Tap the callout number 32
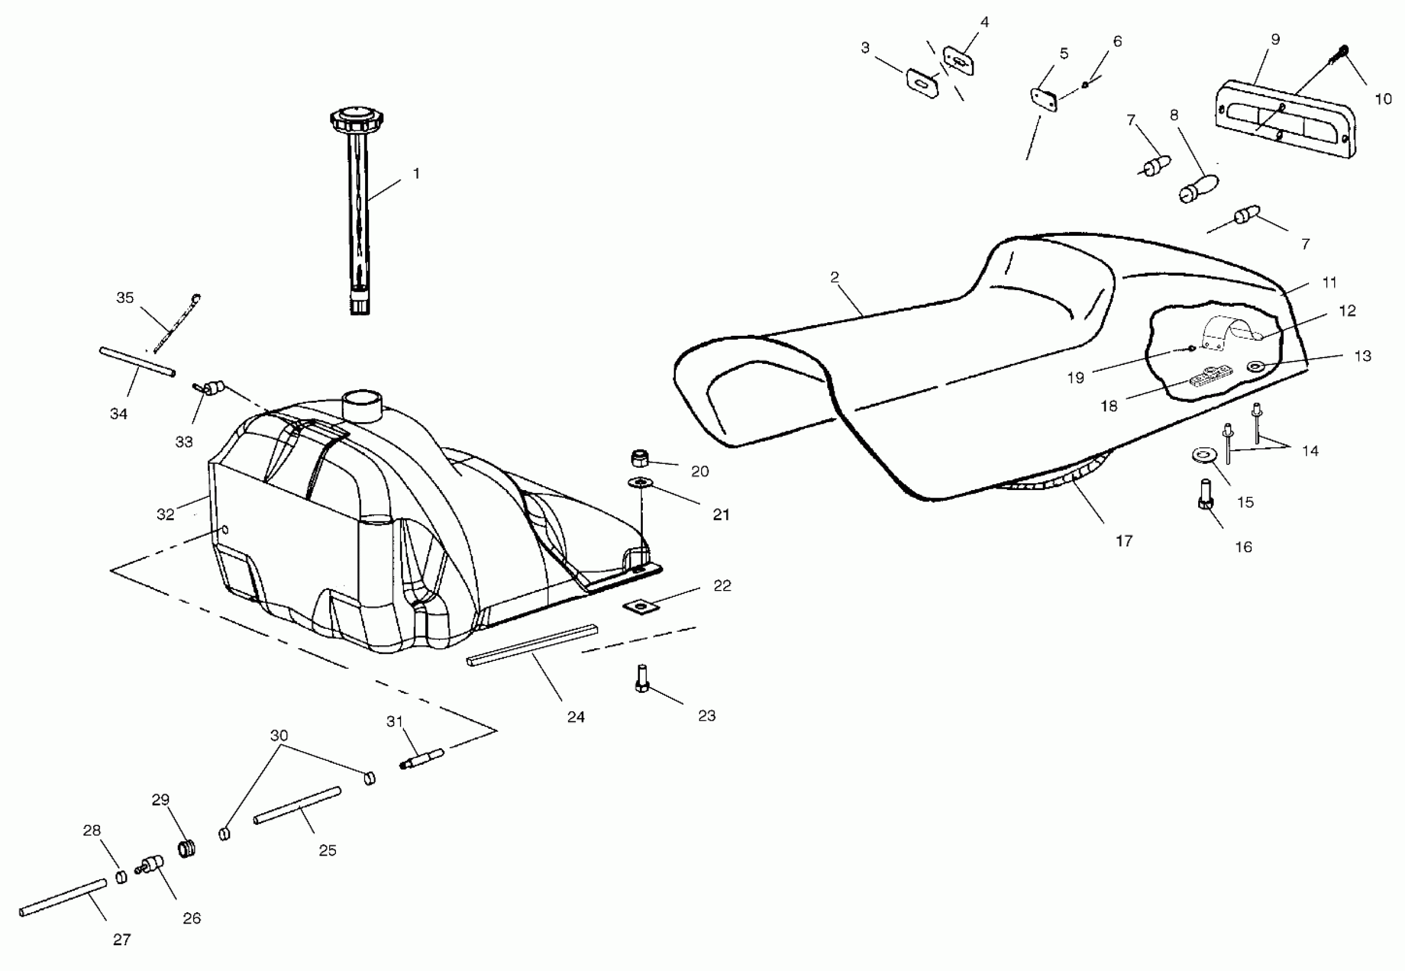coord(166,514)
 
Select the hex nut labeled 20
coord(639,457)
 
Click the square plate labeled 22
coord(641,607)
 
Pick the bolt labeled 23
coord(641,678)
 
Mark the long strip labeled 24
coord(532,645)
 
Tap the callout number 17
coord(1124,540)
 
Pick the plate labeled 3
coord(922,83)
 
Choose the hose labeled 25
coord(297,805)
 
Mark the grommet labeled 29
coord(187,848)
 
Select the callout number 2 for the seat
coord(834,278)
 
